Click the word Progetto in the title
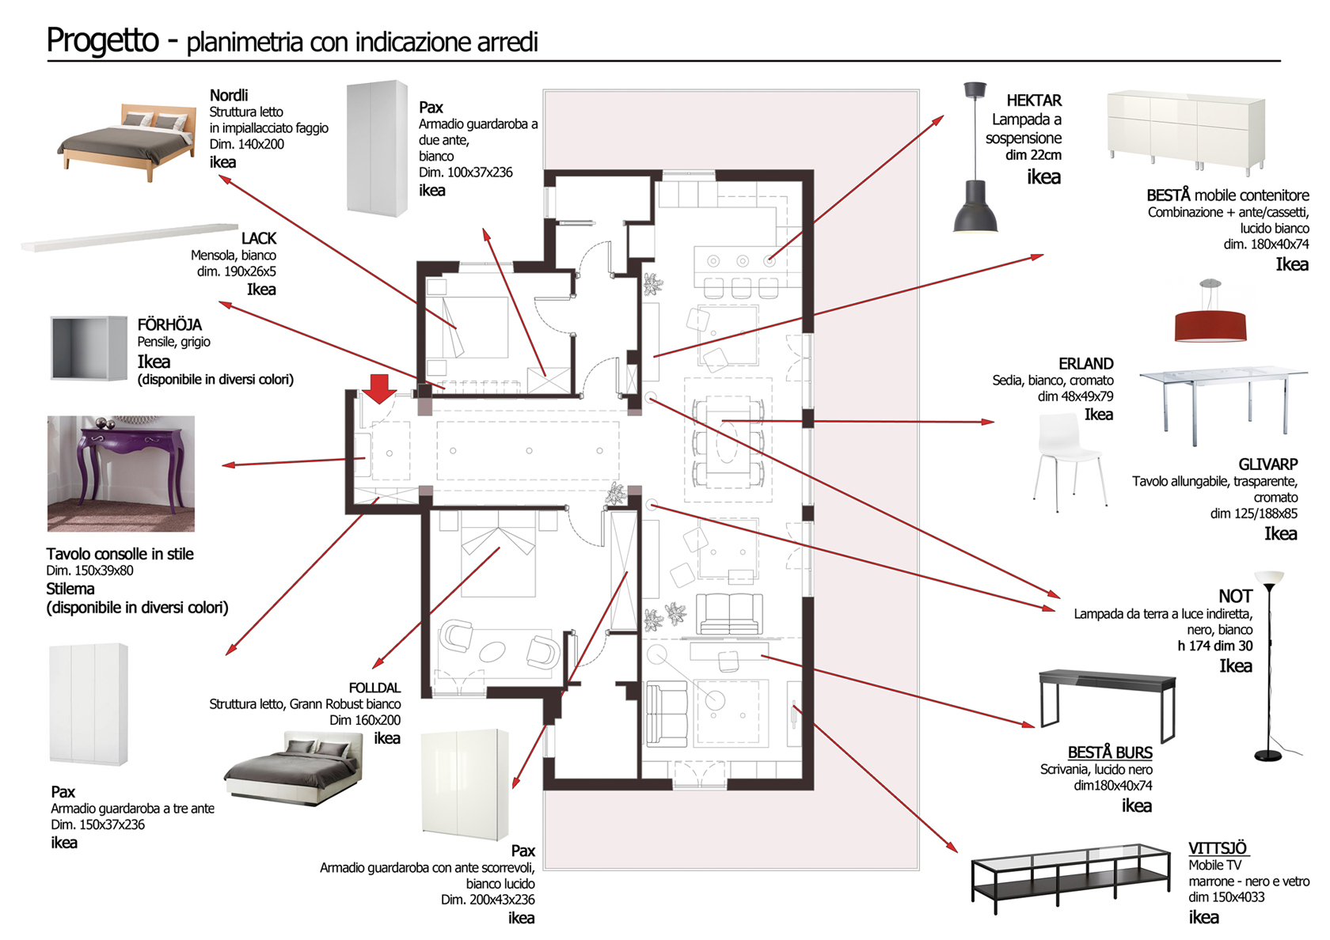(103, 40)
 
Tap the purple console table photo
(120, 473)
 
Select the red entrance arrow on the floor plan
(380, 388)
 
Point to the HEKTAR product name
(1034, 100)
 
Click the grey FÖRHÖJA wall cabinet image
(89, 348)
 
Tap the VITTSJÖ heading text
(1217, 847)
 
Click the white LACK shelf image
(129, 237)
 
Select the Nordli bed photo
(127, 141)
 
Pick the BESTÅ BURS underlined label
(1109, 752)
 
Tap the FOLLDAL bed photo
(294, 768)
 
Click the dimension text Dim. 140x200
(246, 144)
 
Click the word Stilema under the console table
(70, 589)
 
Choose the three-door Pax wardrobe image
(88, 703)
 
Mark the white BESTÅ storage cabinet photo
(1185, 131)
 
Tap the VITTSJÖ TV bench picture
(1070, 877)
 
